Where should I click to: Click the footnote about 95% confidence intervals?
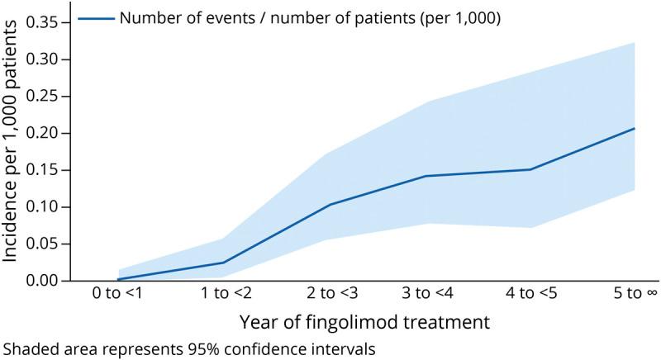pos(189,348)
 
